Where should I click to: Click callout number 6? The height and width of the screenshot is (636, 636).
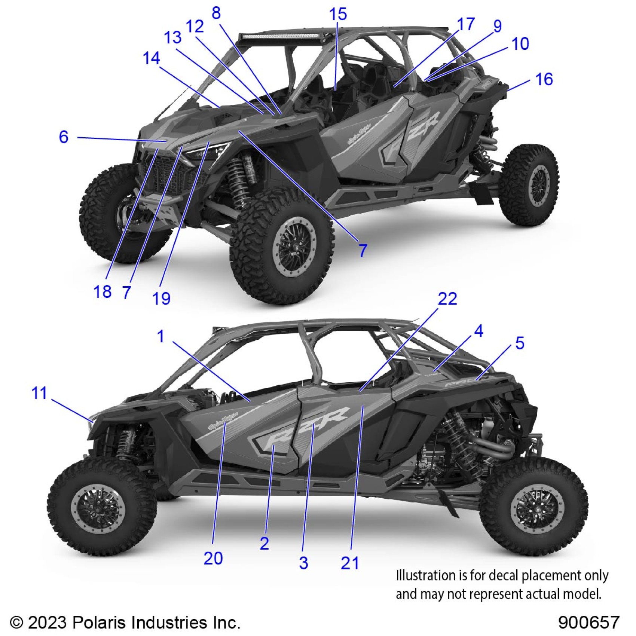click(64, 137)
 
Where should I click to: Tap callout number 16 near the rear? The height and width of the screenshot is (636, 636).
click(544, 79)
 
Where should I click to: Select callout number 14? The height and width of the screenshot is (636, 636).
click(151, 58)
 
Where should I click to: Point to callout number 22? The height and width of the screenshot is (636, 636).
click(447, 299)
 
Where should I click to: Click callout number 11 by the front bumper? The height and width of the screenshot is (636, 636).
click(39, 393)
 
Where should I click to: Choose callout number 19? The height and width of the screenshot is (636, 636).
click(161, 299)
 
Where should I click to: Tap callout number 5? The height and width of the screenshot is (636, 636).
click(520, 343)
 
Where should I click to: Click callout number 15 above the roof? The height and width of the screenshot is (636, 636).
click(338, 14)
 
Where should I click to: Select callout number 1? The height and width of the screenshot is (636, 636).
click(161, 336)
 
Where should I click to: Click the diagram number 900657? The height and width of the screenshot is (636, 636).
click(588, 623)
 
